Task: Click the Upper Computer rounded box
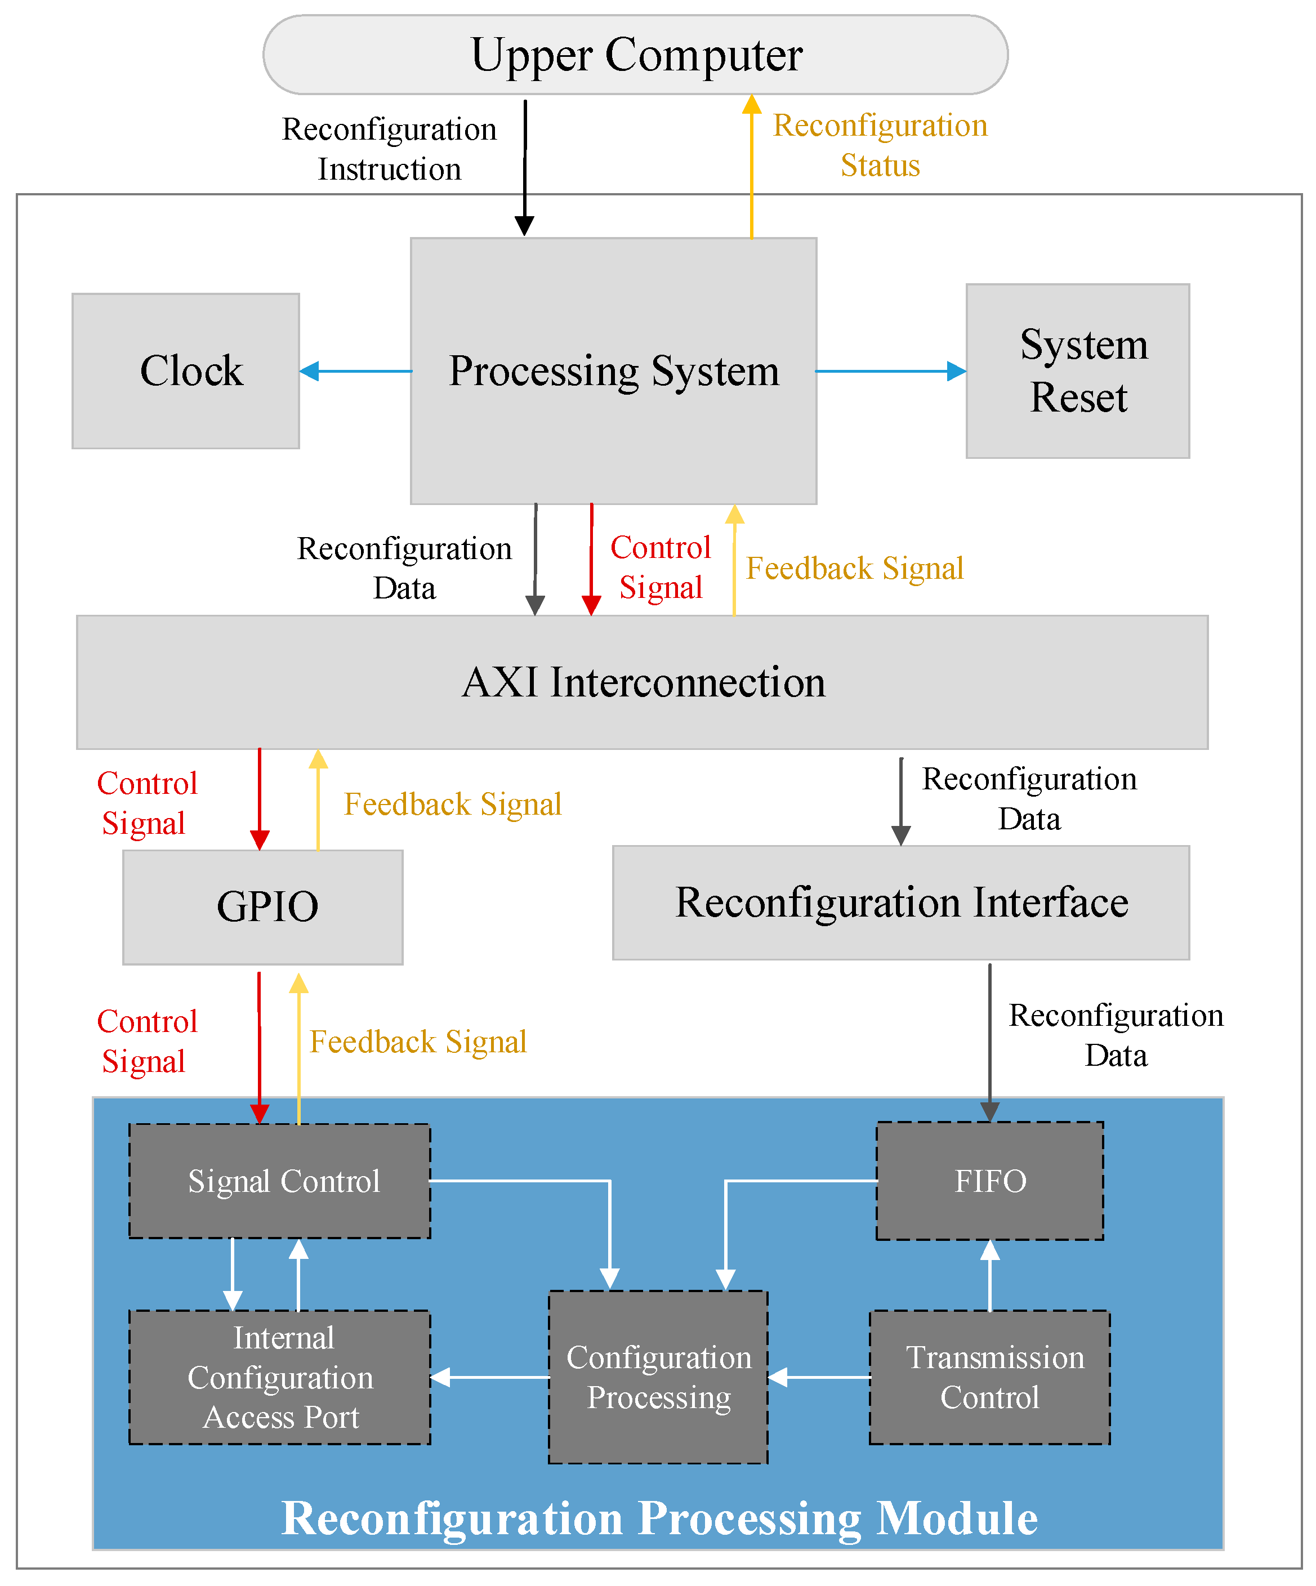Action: point(635,55)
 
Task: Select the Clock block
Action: point(186,371)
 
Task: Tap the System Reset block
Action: point(1077,371)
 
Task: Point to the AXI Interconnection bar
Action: point(642,682)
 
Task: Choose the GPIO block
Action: point(263,906)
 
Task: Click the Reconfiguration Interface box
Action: point(900,903)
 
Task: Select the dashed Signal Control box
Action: point(279,1181)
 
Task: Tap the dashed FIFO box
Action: point(989,1181)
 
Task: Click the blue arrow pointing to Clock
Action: point(355,371)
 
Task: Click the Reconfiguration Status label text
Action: point(880,145)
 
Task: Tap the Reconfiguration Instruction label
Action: point(389,149)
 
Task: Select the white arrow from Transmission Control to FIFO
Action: point(989,1276)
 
